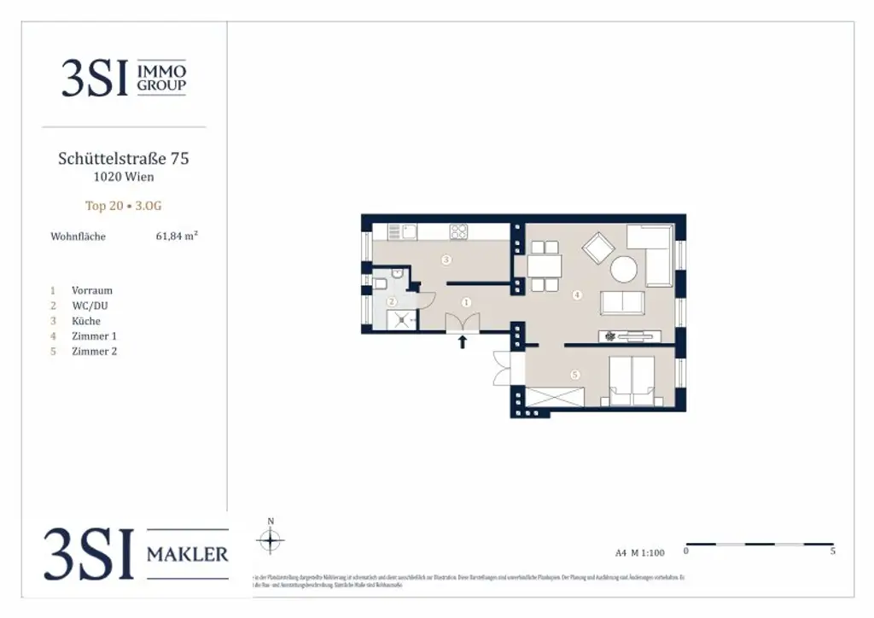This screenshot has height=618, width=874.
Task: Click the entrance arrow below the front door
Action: (x=463, y=342)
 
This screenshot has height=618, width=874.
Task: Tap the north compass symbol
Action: (x=271, y=539)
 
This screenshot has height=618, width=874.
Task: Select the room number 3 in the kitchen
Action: (x=446, y=259)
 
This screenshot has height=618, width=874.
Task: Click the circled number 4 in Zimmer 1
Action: (x=577, y=295)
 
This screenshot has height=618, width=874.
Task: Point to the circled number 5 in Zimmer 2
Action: (x=575, y=373)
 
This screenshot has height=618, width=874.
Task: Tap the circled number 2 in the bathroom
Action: (x=392, y=301)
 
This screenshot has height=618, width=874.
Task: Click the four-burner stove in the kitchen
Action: (x=459, y=230)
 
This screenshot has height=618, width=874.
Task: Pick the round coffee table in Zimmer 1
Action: (x=623, y=270)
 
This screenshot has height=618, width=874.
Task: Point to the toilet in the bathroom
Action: (x=380, y=283)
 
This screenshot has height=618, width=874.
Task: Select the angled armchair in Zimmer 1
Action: (x=597, y=248)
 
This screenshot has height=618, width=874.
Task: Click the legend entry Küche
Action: (x=86, y=321)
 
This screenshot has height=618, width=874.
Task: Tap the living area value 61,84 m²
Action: (x=177, y=236)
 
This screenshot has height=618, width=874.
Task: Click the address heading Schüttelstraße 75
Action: (x=124, y=158)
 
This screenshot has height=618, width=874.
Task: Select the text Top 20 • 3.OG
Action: (x=124, y=206)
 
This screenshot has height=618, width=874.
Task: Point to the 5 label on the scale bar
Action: (x=832, y=551)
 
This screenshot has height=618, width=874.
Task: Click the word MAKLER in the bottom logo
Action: (x=188, y=555)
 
